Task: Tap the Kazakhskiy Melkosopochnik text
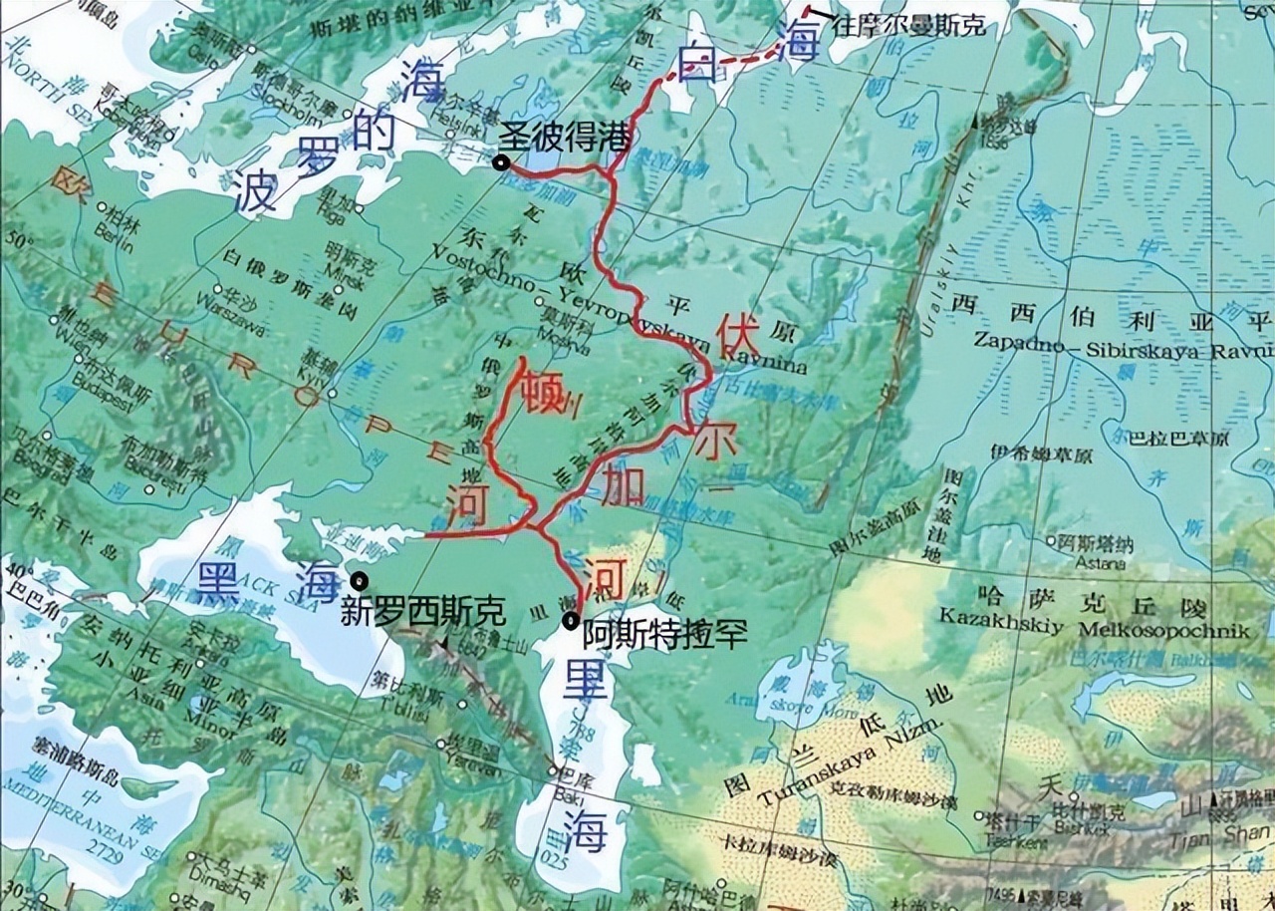1093,632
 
